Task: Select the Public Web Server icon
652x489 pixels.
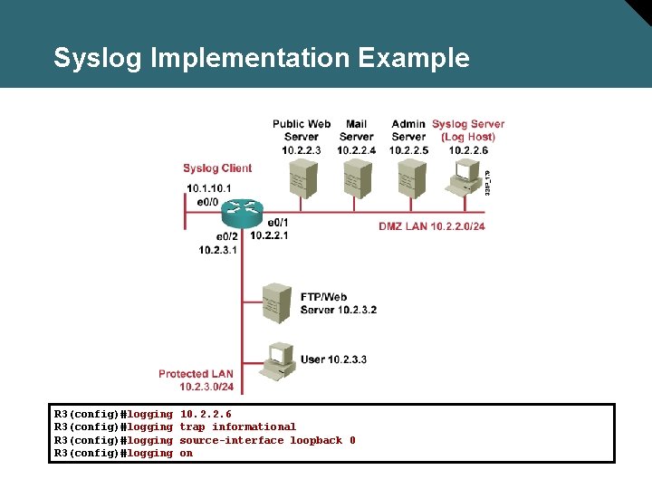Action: point(301,178)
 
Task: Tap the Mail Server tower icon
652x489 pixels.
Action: point(356,178)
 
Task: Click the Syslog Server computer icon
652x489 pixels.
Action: point(465,177)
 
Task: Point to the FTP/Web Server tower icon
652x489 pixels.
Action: point(274,303)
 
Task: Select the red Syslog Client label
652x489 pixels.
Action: point(217,168)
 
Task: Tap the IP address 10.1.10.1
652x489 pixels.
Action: point(209,187)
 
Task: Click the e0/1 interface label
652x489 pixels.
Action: point(277,222)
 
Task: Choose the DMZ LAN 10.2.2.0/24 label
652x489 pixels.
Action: point(432,226)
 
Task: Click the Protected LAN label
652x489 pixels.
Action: point(196,374)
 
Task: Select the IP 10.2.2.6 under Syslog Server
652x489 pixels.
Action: point(468,150)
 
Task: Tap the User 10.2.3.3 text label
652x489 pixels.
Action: point(333,360)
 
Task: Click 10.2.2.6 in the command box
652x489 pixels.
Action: point(206,414)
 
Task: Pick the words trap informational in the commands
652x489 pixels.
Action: point(237,427)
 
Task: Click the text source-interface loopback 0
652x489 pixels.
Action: point(267,440)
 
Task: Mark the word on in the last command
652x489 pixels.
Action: point(186,453)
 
